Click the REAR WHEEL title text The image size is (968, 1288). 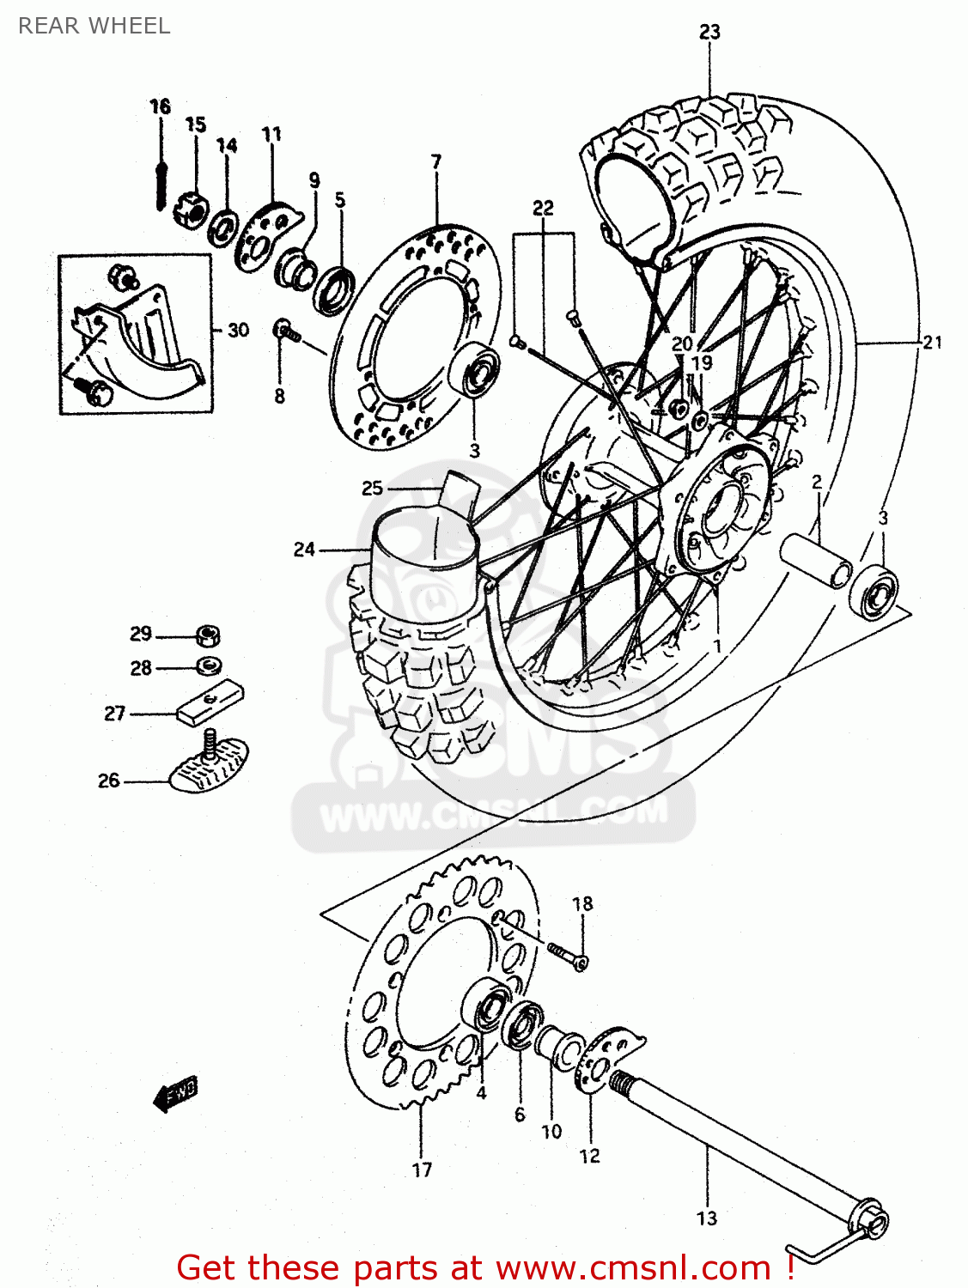94,26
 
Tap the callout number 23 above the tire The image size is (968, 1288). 709,33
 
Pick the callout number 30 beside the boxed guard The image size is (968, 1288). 238,331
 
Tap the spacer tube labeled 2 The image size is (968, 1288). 816,558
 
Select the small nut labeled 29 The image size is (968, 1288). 208,636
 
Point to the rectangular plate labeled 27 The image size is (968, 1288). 210,702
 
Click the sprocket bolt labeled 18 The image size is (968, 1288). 567,954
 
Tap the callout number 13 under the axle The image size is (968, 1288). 706,1218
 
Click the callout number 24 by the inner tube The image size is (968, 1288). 304,549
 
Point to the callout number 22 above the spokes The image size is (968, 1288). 543,208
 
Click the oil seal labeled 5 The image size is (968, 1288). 335,289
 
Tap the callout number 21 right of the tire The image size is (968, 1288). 932,343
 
